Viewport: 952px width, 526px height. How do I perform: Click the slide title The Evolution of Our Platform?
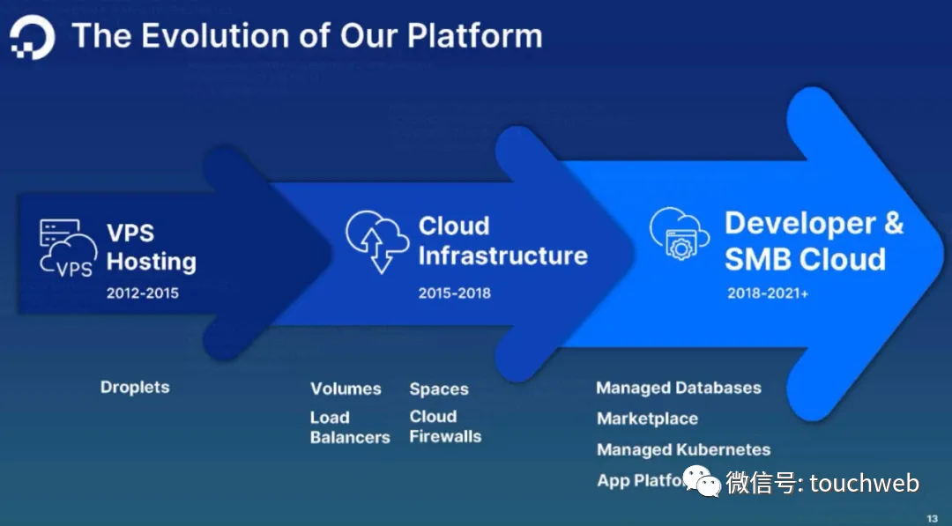[307, 36]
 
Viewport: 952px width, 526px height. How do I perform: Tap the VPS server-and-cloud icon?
[68, 248]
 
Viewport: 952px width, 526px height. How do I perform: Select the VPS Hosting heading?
[151, 248]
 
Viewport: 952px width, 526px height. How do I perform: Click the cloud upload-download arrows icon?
[376, 240]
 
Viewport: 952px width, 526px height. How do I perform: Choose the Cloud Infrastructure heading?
[502, 241]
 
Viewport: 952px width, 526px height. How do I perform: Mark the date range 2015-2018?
[454, 293]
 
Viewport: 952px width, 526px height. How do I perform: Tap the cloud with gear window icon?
[679, 233]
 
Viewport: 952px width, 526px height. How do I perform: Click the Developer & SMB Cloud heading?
[814, 241]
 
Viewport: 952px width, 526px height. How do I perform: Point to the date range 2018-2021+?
[768, 293]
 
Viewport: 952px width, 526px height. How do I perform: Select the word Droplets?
[135, 387]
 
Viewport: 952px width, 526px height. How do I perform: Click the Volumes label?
[346, 389]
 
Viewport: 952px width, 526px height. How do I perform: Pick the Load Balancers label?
[349, 427]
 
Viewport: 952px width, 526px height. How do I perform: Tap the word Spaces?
[439, 389]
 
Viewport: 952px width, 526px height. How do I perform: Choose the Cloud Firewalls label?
[445, 426]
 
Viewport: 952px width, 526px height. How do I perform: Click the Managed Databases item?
[678, 388]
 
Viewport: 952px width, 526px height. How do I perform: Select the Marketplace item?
[647, 419]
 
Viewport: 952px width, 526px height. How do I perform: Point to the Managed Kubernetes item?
[683, 449]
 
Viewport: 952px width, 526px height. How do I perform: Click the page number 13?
[933, 517]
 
